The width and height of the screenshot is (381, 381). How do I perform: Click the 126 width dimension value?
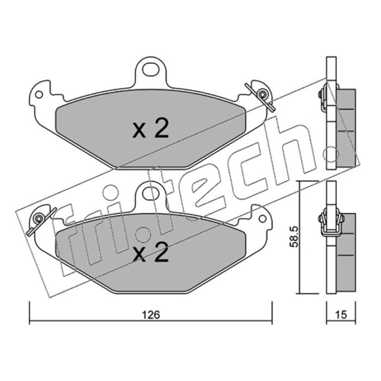151,315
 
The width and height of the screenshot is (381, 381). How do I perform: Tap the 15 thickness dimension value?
341,315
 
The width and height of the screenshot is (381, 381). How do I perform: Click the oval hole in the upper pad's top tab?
150,69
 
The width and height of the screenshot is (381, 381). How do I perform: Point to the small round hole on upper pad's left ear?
39,94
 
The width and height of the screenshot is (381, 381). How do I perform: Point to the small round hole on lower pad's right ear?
262,219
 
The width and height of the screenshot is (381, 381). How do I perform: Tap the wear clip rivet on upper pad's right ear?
262,94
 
